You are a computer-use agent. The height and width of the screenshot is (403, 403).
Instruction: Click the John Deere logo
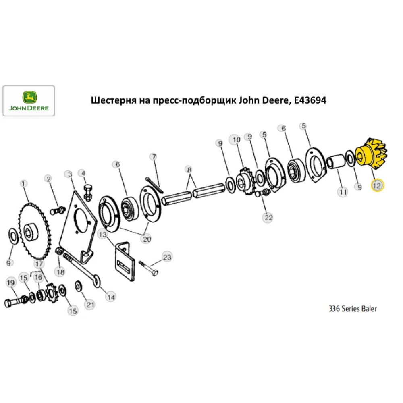pyautogui.click(x=29, y=101)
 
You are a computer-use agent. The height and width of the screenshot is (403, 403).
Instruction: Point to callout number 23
pyautogui.click(x=167, y=257)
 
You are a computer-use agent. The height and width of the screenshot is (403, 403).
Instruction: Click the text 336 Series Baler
pyautogui.click(x=353, y=309)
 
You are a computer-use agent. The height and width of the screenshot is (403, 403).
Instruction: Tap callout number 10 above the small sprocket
pyautogui.click(x=235, y=139)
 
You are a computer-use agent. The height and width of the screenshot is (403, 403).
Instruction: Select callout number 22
pyautogui.click(x=268, y=217)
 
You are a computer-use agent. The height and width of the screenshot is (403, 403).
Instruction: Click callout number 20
pyautogui.click(x=145, y=239)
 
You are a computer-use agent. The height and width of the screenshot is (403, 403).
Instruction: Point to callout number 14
pyautogui.click(x=110, y=297)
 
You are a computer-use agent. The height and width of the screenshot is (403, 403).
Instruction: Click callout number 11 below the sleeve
pyautogui.click(x=343, y=192)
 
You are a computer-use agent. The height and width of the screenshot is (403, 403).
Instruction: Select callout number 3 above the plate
pyautogui.click(x=69, y=174)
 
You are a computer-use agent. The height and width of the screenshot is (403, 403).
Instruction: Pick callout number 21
pyautogui.click(x=90, y=304)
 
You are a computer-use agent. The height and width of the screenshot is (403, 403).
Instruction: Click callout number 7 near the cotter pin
pyautogui.click(x=153, y=156)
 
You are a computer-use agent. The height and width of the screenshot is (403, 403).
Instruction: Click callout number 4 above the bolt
pyautogui.click(x=83, y=173)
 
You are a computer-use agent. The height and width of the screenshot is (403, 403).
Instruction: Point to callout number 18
pyautogui.click(x=60, y=272)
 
